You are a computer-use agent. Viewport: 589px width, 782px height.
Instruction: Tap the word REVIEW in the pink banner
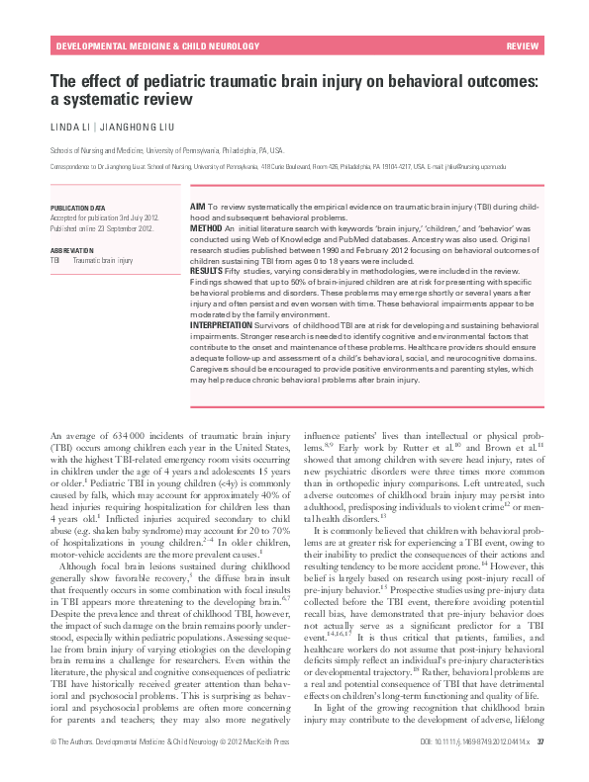(x=522, y=46)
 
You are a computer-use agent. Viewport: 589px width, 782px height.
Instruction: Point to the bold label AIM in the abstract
(x=197, y=204)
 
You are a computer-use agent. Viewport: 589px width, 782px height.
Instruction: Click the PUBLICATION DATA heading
(x=77, y=209)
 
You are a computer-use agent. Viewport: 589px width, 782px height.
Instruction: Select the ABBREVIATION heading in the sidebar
(x=73, y=250)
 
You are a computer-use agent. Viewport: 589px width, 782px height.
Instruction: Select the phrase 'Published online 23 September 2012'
(x=101, y=228)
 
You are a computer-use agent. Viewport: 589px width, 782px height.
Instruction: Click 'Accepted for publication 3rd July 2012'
(x=104, y=218)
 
